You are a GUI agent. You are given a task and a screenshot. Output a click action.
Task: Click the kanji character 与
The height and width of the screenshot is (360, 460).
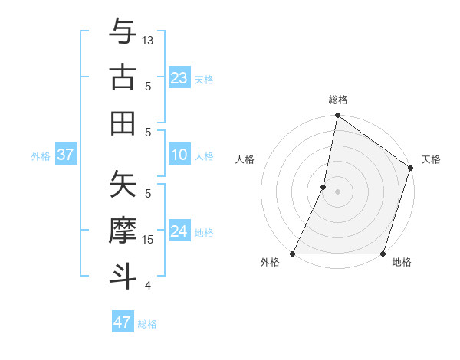[123, 33]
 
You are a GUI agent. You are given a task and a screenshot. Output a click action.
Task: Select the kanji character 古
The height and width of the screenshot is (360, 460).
[123, 77]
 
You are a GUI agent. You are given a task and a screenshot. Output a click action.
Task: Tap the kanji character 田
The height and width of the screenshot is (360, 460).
[123, 123]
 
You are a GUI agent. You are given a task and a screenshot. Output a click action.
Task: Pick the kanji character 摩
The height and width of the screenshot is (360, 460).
[123, 231]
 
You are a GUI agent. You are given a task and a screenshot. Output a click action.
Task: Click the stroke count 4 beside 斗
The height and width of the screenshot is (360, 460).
[148, 286]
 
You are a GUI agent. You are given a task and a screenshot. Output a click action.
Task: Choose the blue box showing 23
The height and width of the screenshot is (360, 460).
[179, 78]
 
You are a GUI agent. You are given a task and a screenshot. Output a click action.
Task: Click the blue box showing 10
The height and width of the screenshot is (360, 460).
[179, 155]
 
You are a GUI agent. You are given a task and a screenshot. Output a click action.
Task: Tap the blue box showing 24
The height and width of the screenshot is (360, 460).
[179, 232]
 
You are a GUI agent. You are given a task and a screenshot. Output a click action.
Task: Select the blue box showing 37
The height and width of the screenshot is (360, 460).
[65, 155]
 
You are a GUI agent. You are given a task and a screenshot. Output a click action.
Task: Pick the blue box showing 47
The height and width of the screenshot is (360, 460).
[123, 322]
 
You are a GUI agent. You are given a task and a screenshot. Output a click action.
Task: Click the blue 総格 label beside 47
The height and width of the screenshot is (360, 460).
[147, 324]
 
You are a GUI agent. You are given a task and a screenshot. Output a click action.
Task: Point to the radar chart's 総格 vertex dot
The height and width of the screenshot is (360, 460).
[337, 117]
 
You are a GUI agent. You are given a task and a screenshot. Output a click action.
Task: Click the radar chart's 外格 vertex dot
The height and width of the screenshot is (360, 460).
[293, 254]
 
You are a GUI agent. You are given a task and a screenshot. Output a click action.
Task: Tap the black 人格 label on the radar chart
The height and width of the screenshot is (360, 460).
[245, 159]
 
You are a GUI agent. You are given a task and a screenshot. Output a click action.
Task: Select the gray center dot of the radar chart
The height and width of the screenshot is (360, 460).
[337, 191]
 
